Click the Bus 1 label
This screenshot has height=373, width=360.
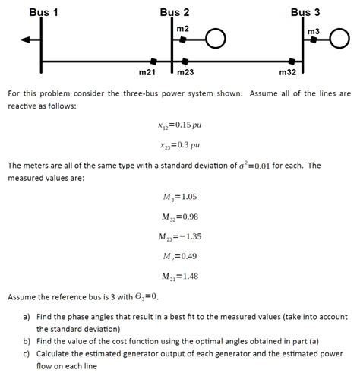[43, 12]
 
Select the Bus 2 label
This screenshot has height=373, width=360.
[175, 12]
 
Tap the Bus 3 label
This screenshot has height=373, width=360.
[305, 12]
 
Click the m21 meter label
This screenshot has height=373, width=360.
[147, 72]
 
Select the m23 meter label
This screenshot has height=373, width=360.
[185, 72]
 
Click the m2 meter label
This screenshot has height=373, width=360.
[182, 28]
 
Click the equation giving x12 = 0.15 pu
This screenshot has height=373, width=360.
[179, 125]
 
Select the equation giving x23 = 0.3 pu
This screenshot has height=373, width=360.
[179, 144]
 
